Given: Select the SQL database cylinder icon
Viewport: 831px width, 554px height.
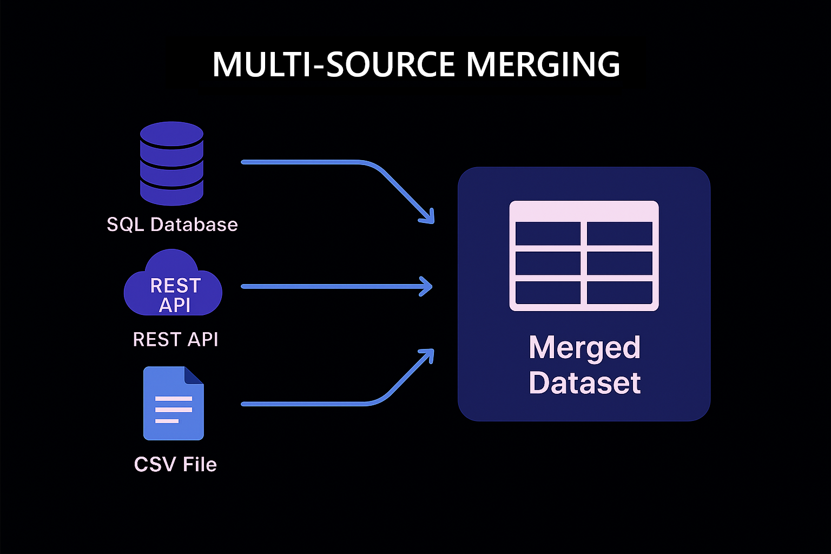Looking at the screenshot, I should (172, 163).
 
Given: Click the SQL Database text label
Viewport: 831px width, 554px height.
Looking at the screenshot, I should (172, 225).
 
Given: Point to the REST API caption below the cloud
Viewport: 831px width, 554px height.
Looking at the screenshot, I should (175, 339).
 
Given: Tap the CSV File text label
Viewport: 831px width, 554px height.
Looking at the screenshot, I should (175, 464).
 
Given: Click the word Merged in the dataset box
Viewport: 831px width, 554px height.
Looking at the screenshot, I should (584, 347).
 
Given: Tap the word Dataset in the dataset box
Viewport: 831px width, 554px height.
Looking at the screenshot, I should (584, 383).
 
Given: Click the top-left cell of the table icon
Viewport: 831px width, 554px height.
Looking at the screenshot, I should (548, 234).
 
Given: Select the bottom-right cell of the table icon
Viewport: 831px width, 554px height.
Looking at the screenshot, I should (619, 293).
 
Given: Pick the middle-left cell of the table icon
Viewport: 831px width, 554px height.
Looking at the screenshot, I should (548, 263).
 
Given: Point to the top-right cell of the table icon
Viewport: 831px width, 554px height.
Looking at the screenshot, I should (619, 234).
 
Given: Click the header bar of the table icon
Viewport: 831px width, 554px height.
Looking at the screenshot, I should (584, 210).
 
